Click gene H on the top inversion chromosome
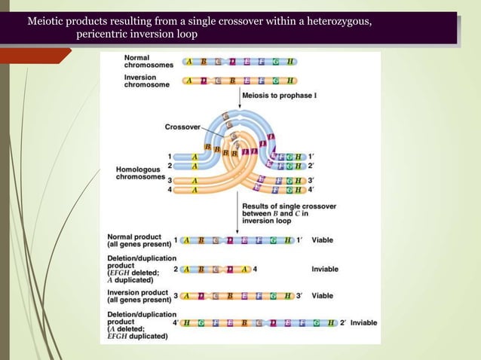[x=290, y=81]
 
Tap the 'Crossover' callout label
[x=182, y=127]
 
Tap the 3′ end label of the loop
[x=311, y=181]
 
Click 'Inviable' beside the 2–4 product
[x=325, y=268]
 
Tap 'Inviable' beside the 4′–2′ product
[x=363, y=323]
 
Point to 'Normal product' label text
[x=133, y=236]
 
